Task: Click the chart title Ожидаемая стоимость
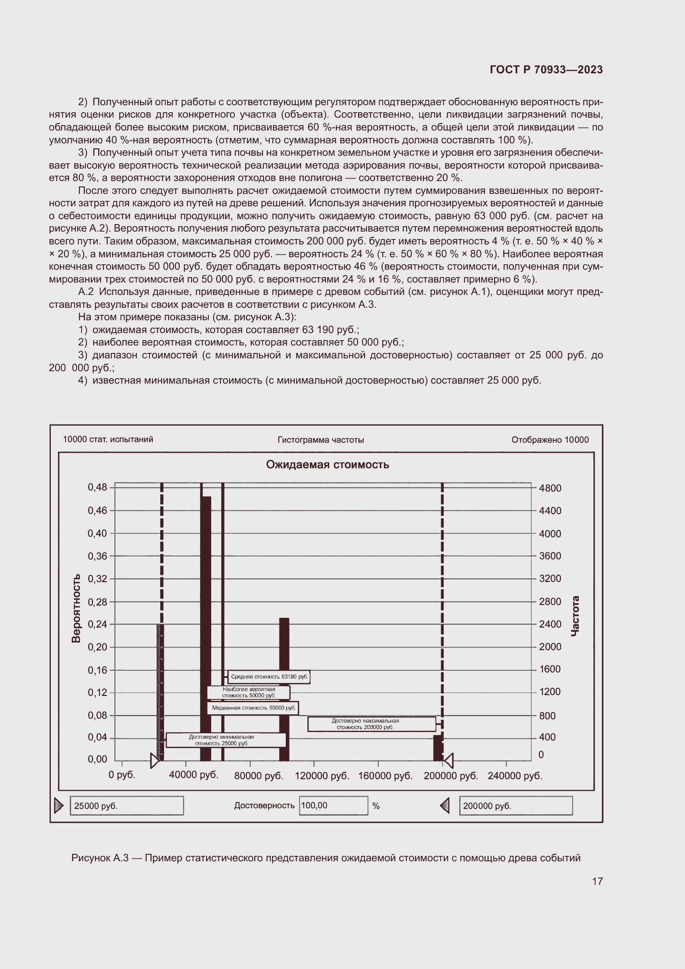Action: pos(327,465)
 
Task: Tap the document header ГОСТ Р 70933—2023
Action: pos(546,70)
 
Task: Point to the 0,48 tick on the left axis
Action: pos(97,488)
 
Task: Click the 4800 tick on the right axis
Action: pos(550,488)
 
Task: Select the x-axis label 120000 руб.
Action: pos(322,776)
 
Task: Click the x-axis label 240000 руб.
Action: pos(515,776)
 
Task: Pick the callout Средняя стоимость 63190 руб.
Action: pos(269,677)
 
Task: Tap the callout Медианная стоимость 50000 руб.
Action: pos(253,708)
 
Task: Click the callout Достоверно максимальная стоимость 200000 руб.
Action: pos(371,724)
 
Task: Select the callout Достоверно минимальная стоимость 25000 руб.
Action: pos(226,740)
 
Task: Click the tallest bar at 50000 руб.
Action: pos(205,625)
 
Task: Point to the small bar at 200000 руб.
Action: pos(438,747)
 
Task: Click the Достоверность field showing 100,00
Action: pos(333,806)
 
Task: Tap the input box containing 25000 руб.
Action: pos(127,806)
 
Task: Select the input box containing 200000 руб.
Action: pos(516,806)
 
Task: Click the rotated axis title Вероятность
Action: pos(76,608)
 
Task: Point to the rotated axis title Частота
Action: pos(575,616)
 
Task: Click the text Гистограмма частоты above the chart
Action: pos(321,440)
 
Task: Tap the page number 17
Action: pos(597,881)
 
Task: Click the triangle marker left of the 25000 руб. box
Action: pos(59,806)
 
